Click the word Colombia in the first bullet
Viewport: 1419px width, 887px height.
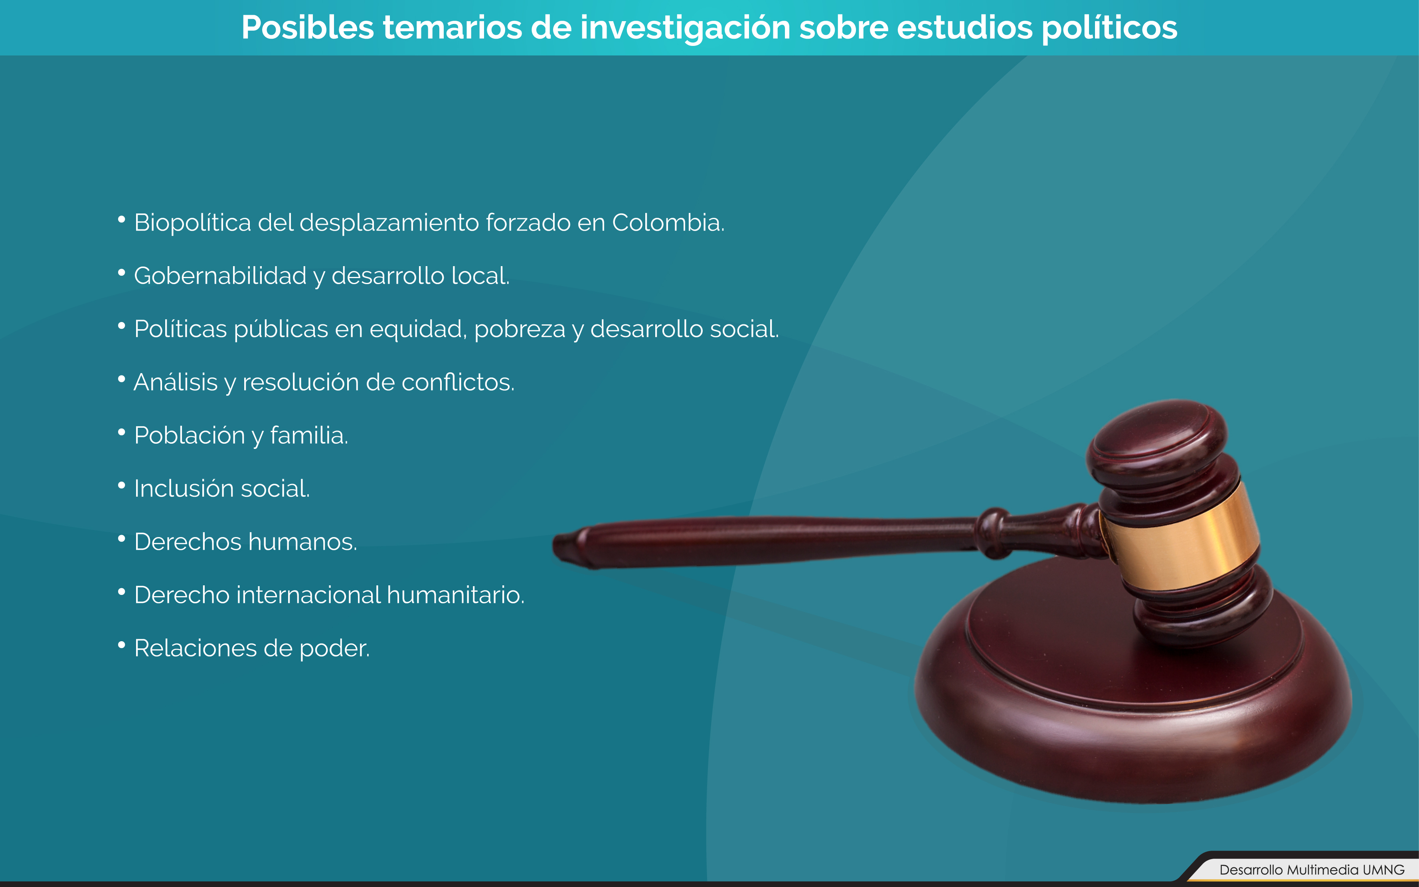pyautogui.click(x=668, y=223)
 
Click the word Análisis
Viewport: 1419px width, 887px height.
pyautogui.click(x=176, y=382)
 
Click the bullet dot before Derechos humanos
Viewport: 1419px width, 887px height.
pyautogui.click(x=121, y=538)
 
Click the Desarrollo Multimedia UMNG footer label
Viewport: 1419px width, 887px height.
pyautogui.click(x=1312, y=870)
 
